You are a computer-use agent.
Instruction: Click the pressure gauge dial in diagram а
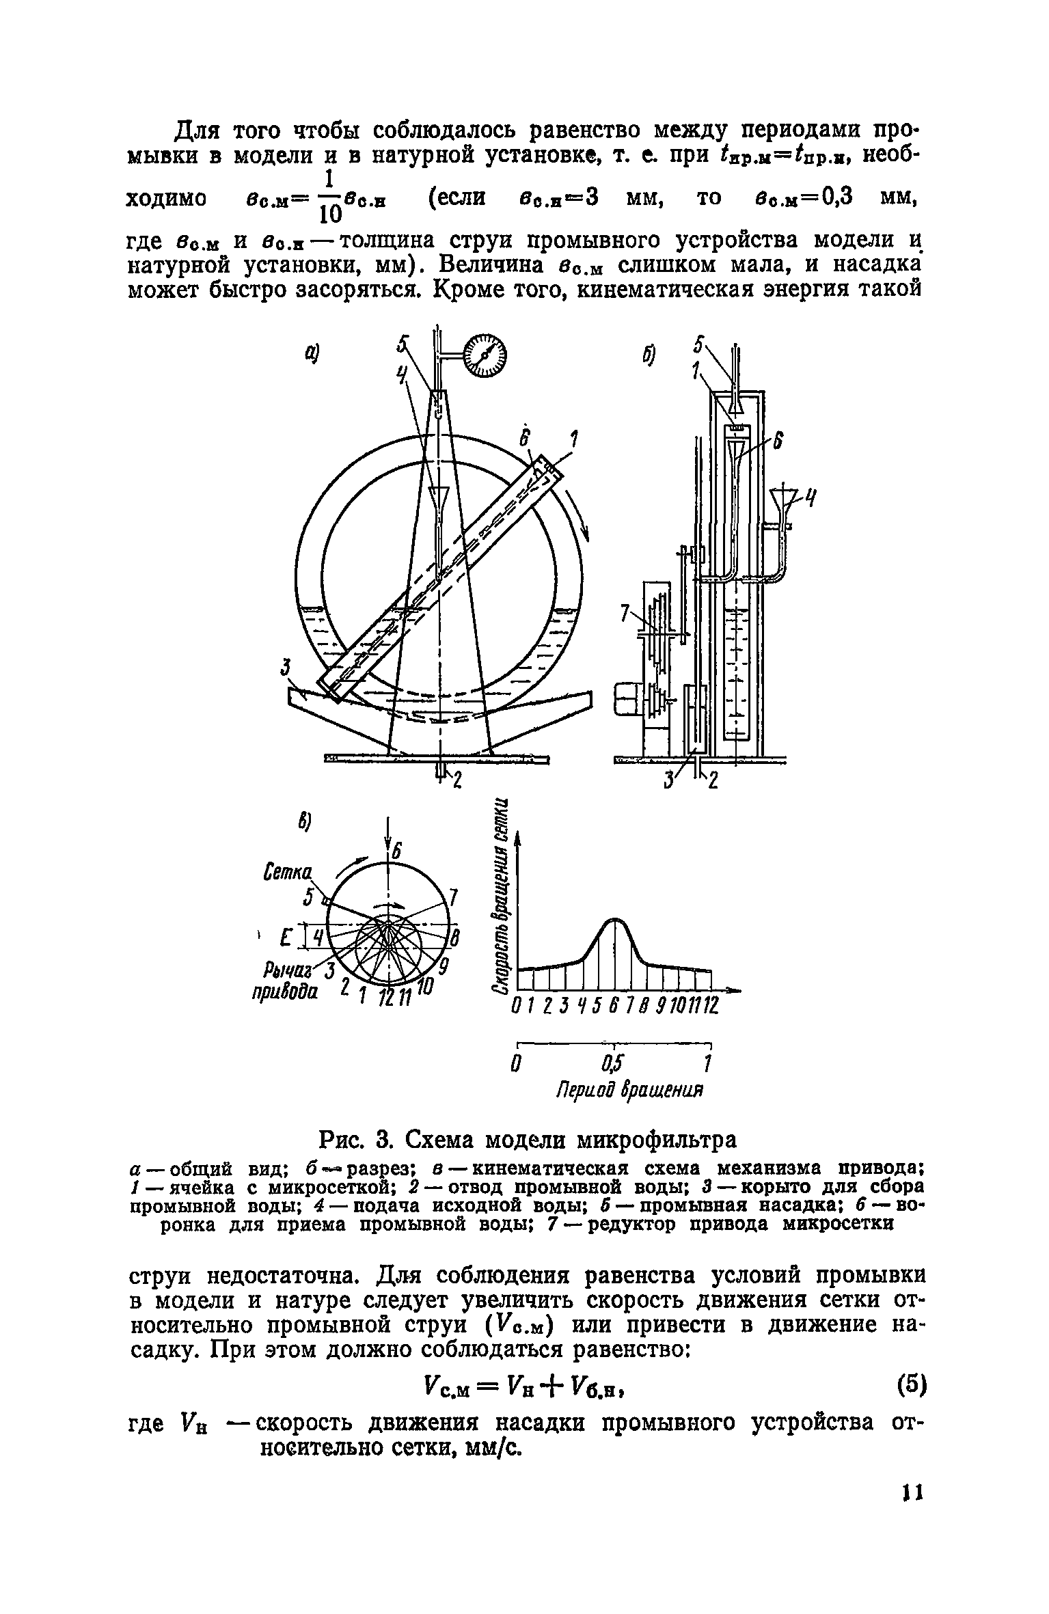(486, 355)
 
